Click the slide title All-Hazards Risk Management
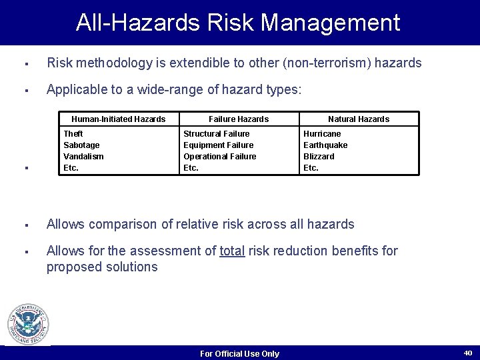(238, 22)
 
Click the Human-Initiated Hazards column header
(118, 119)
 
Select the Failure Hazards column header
(239, 119)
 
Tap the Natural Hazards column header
(359, 119)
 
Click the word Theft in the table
(73, 134)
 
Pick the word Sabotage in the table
(81, 145)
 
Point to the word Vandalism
(83, 157)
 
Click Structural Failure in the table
(217, 134)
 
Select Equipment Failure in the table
(218, 145)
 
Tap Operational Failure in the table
(219, 157)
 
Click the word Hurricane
(322, 134)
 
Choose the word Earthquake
(325, 145)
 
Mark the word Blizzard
(319, 157)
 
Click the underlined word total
(232, 251)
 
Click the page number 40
(467, 353)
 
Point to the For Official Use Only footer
(239, 354)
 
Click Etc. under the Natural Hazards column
(311, 168)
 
